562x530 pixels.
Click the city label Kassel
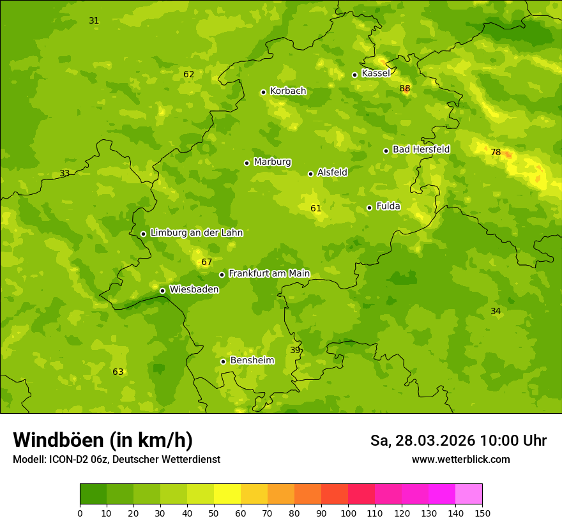pos(376,73)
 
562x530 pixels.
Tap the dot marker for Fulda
pos(369,208)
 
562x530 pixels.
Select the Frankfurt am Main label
pos(269,273)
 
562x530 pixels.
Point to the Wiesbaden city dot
pos(162,291)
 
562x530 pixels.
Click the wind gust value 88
pos(405,88)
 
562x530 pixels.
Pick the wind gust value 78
pos(496,152)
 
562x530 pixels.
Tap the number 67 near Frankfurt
pos(206,262)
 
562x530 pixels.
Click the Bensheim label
pos(252,360)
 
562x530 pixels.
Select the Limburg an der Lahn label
pos(196,232)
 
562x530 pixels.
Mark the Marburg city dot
pos(247,163)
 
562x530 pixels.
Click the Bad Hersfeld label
pos(421,149)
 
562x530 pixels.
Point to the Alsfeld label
pos(332,172)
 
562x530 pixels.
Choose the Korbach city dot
pos(263,92)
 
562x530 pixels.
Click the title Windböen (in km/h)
pos(103,440)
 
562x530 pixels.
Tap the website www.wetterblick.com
pos(460,459)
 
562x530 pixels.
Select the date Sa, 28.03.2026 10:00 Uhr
pos(458,441)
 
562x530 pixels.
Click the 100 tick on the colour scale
pos(348,513)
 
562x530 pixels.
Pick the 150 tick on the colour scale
pos(482,513)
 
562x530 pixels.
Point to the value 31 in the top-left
pos(94,20)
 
